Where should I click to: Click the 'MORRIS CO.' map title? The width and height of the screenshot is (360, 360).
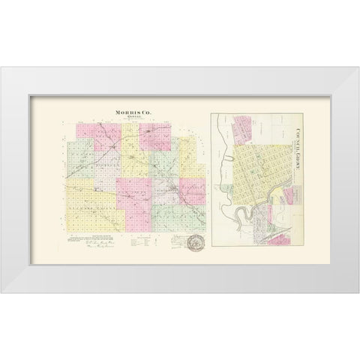coord(131,113)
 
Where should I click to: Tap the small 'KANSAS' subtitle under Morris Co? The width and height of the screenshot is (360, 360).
coord(131,118)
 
